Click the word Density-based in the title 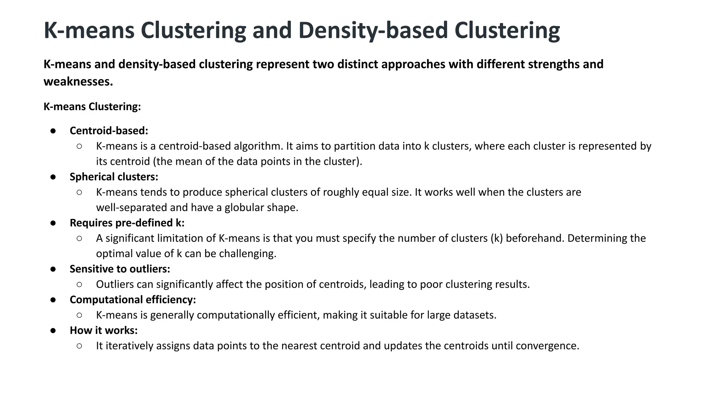pyautogui.click(x=373, y=31)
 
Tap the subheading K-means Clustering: pyautogui.click(x=92, y=107)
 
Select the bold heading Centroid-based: pyautogui.click(x=109, y=131)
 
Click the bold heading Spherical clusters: pyautogui.click(x=114, y=177)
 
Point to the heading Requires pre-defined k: pyautogui.click(x=127, y=223)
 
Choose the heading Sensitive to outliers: pyautogui.click(x=120, y=269)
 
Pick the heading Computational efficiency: pyautogui.click(x=133, y=300)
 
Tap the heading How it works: pyautogui.click(x=104, y=330)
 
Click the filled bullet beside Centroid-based pyautogui.click(x=53, y=131)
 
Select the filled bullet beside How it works pyautogui.click(x=53, y=330)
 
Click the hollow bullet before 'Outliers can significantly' pyautogui.click(x=79, y=284)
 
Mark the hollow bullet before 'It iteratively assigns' pyautogui.click(x=79, y=346)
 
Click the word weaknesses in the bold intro pyautogui.click(x=78, y=82)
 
